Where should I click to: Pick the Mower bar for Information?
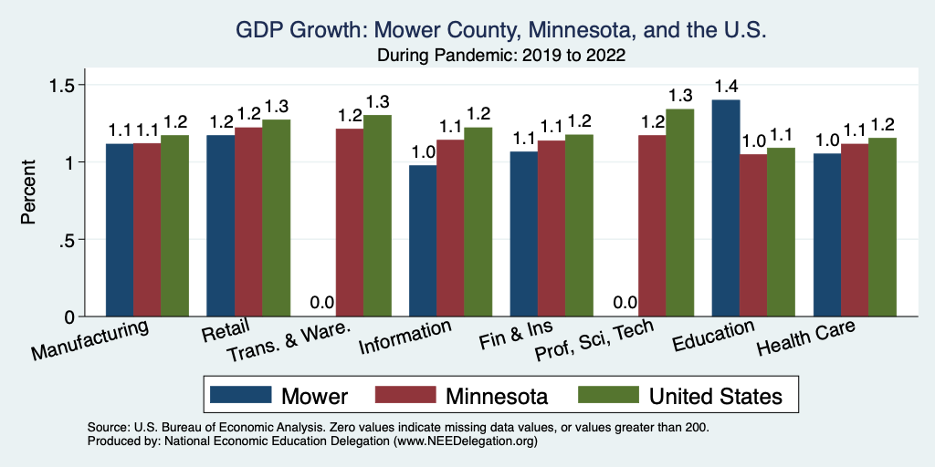[423, 241]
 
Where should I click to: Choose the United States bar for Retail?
[277, 218]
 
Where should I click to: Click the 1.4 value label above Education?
[726, 88]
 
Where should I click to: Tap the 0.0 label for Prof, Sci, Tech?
[625, 303]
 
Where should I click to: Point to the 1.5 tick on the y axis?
[68, 85]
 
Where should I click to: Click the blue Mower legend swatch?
[241, 395]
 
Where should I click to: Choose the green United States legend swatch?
[609, 395]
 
